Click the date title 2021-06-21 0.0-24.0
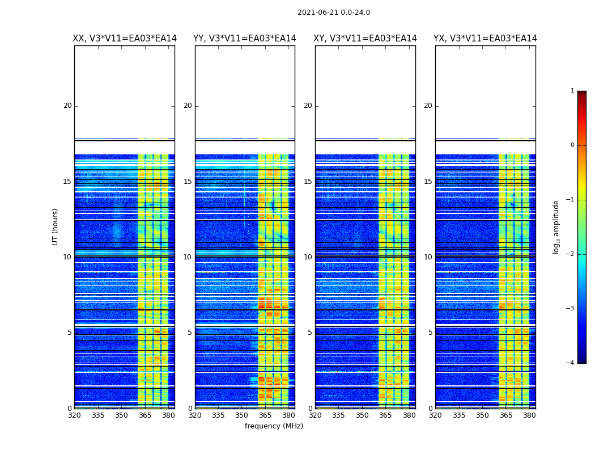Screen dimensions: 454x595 (x=333, y=12)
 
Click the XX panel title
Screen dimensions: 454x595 (x=125, y=39)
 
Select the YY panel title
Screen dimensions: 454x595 (x=245, y=39)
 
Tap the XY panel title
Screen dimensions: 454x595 (x=365, y=39)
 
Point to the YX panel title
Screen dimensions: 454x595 (x=485, y=39)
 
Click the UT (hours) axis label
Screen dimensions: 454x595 (x=56, y=226)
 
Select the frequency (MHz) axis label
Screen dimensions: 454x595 (x=274, y=426)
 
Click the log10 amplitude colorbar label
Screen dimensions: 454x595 (x=556, y=226)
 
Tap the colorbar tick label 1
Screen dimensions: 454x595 (x=572, y=91)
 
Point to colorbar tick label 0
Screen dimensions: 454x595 (x=572, y=145)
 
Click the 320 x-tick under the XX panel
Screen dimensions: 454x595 (x=74, y=415)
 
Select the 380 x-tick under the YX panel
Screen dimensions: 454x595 (x=529, y=415)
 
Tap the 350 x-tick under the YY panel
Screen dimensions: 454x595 (x=242, y=415)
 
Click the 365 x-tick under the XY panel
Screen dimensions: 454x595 (x=385, y=415)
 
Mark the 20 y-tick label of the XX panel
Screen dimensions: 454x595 (x=67, y=106)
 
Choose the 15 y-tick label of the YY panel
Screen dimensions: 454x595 (x=188, y=182)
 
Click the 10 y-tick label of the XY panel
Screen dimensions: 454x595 (x=308, y=257)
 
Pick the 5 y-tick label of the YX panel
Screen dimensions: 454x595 (x=430, y=333)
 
